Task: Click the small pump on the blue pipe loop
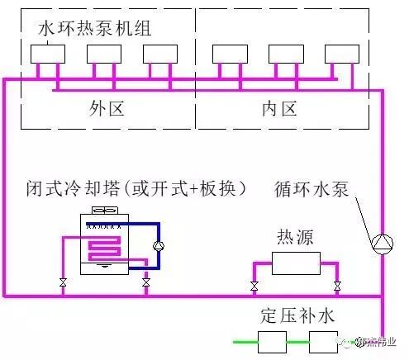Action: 159,245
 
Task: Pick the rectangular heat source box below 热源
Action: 295,263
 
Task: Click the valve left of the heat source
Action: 253,287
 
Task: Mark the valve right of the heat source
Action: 337,287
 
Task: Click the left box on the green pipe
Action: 271,340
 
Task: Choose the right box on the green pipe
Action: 322,340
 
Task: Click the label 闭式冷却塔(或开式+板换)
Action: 136,189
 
